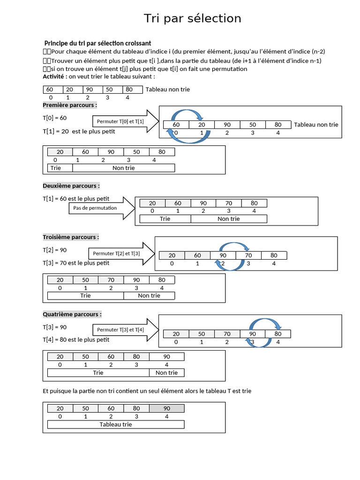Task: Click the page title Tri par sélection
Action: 192,18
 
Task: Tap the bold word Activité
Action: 53,76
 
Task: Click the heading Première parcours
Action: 70,105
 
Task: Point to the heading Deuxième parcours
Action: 71,186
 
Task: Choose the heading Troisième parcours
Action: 71,237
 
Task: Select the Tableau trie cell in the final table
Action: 116,424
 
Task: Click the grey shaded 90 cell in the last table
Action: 166,408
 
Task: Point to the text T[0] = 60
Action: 55,118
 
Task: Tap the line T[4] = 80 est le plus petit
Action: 76,340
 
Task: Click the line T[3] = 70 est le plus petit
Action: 76,263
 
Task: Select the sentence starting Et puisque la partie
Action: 147,391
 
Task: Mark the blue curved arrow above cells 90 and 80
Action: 265,324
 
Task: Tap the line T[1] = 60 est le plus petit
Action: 76,199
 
